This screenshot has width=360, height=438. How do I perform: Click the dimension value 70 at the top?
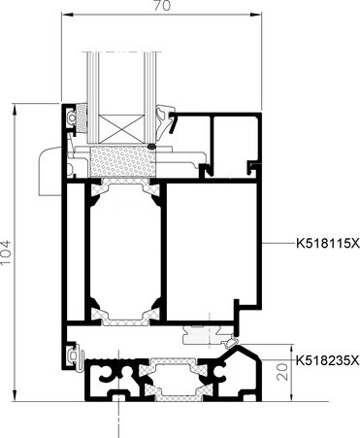tap(161, 6)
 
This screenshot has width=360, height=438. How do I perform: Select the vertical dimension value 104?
tap(6, 253)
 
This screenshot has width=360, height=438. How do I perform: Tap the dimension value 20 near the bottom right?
tap(282, 371)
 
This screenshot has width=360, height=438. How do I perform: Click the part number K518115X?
tap(328, 243)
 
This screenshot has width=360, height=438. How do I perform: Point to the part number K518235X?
tap(328, 360)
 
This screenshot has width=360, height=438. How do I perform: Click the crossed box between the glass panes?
tap(121, 129)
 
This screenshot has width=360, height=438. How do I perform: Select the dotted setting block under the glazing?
tap(122, 161)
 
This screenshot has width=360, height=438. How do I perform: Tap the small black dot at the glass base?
tap(151, 147)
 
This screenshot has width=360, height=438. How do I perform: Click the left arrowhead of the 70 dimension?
tap(66, 14)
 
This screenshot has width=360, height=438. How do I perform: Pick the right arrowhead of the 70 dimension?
tap(256, 14)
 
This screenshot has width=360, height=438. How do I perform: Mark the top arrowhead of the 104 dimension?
tap(15, 109)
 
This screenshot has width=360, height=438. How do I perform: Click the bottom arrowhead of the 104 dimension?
tap(15, 395)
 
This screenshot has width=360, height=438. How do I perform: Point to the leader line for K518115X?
tap(278, 243)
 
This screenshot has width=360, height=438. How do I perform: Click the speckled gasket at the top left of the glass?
tap(82, 118)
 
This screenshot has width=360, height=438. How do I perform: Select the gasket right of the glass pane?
tap(165, 118)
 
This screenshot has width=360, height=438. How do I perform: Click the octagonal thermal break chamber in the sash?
tap(125, 253)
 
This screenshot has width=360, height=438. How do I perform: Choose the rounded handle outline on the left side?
tap(49, 171)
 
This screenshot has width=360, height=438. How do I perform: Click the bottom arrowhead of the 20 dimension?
tap(292, 396)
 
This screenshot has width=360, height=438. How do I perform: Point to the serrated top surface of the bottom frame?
tap(114, 359)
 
